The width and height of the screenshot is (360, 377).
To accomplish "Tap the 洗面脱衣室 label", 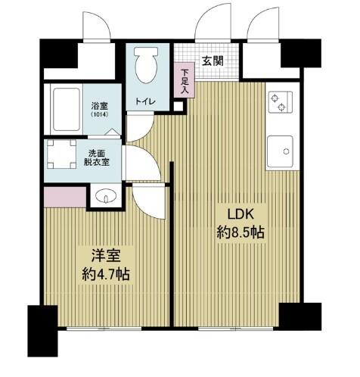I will tap(96, 156).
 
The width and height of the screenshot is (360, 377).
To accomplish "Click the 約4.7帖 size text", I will tap(105, 274).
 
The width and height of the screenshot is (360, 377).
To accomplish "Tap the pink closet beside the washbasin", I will tap(64, 196).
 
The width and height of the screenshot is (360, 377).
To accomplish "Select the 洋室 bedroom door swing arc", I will tap(146, 201).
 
